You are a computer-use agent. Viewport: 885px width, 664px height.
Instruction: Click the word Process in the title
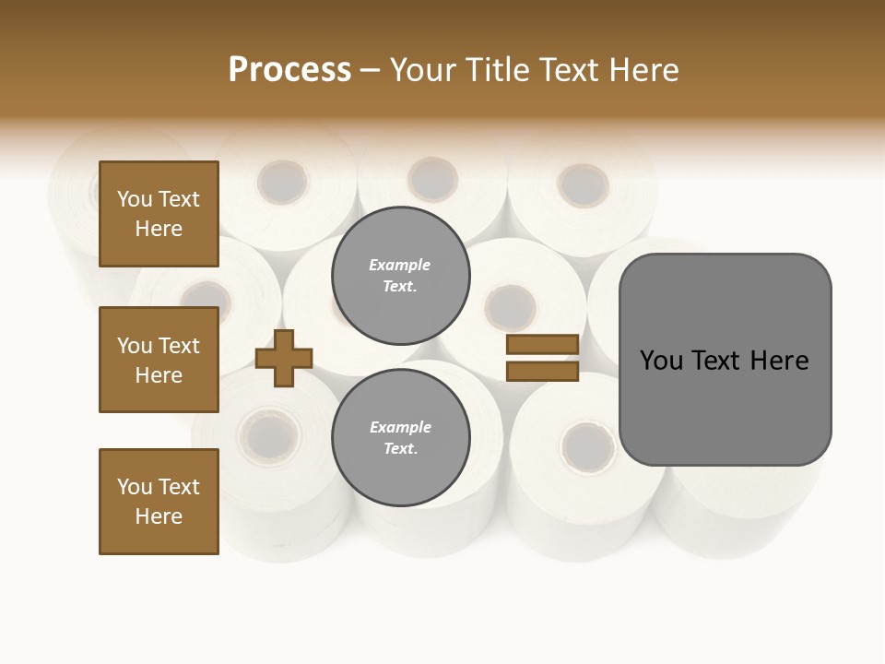(289, 69)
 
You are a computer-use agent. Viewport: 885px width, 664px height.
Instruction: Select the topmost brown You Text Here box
(159, 214)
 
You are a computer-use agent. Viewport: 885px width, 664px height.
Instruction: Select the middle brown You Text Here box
(159, 360)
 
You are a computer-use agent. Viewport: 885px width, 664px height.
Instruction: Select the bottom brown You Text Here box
(159, 502)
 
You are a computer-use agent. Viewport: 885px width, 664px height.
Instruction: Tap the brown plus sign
(284, 358)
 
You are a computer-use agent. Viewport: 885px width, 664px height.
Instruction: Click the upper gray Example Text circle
(400, 275)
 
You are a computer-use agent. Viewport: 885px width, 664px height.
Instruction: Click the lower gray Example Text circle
(400, 437)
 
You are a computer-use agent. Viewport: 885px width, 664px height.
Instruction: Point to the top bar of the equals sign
(542, 344)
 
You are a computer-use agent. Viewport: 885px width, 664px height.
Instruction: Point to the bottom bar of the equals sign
(542, 372)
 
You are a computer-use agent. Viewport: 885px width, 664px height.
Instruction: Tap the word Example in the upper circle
(400, 265)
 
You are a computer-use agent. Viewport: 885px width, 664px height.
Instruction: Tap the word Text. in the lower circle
(400, 448)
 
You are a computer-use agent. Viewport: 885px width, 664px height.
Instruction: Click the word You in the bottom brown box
(135, 487)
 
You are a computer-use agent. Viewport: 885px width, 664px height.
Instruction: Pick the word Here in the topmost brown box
(159, 229)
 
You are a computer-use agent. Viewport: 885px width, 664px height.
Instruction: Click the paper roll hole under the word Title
(583, 184)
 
